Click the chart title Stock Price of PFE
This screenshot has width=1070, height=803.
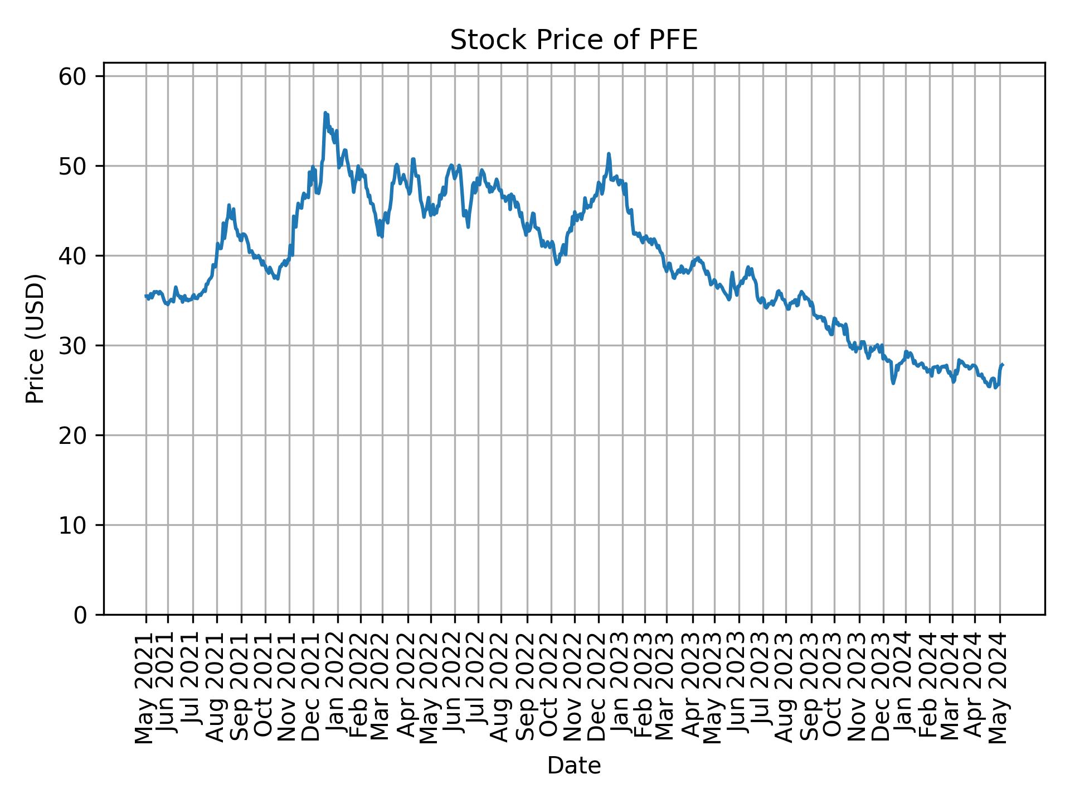pos(573,41)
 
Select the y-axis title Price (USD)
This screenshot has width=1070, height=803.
pos(35,338)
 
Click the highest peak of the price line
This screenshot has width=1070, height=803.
pos(325,113)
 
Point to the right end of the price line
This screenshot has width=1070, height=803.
pos(1003,364)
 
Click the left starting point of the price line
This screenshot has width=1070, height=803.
pos(146,296)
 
